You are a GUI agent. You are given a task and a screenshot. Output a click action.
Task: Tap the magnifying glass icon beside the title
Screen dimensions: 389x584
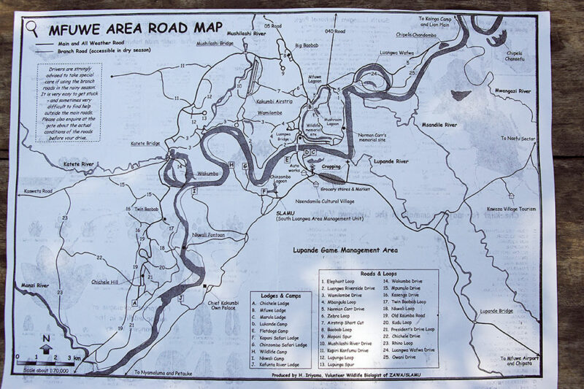pos(32,28)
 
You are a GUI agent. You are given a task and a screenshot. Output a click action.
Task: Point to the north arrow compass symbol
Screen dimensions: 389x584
pos(46,343)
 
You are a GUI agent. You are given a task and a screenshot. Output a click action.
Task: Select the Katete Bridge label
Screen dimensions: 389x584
pos(145,145)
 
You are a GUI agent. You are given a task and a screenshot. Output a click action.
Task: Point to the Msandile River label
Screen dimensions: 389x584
pos(434,125)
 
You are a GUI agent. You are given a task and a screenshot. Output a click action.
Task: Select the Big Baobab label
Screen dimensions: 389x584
pos(307,45)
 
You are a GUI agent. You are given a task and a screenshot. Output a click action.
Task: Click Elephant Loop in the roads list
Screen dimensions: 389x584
pos(340,280)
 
